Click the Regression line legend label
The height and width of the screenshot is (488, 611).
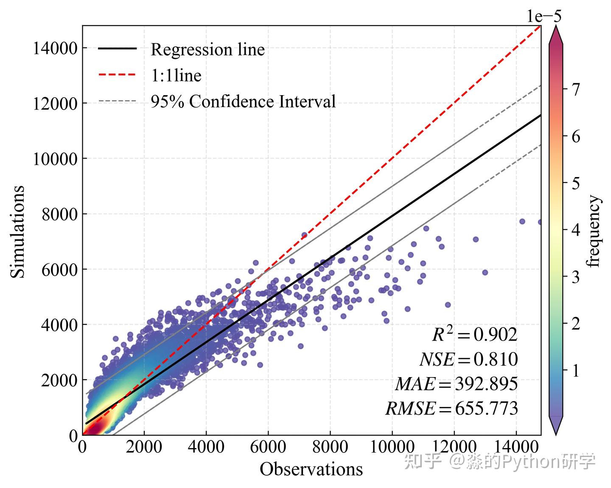pos(207,50)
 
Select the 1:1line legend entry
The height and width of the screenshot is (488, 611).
pos(176,76)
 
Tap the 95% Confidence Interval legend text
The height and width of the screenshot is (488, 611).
pos(243,102)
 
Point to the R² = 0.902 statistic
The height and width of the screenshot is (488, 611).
pos(475,335)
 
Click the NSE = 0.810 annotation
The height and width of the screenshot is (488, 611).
pos(468,359)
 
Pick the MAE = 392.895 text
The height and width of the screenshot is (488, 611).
pos(457,384)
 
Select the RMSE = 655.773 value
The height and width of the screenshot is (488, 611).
pos(451,409)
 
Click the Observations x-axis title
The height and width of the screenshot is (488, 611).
pos(311,469)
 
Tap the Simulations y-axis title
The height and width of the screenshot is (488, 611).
pos(18,231)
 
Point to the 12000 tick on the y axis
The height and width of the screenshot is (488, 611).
pos(55,103)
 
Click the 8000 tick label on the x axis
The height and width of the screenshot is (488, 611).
pos(330,447)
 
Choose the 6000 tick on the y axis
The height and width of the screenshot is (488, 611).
pos(59,269)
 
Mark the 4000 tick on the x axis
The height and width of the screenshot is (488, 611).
pos(206,447)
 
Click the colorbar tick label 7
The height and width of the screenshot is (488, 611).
pos(575,89)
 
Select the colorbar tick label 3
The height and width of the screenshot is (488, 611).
pos(575,277)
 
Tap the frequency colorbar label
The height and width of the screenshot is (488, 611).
pos(594,231)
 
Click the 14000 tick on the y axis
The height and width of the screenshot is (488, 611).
pos(55,48)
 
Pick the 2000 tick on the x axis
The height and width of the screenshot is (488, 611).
pos(144,447)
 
